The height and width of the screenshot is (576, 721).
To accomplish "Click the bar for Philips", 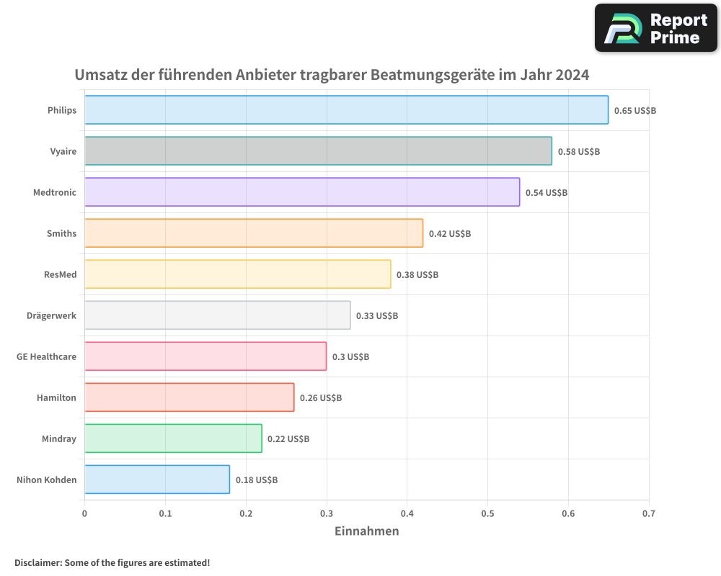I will [x=346, y=110].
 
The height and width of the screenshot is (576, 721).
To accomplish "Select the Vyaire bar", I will [x=318, y=151].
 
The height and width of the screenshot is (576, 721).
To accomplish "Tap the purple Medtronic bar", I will [x=302, y=192].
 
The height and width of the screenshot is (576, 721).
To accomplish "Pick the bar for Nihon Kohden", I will [x=157, y=480].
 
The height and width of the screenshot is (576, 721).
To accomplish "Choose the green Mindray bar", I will [x=173, y=438].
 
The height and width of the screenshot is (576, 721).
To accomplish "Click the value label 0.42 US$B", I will [x=449, y=233].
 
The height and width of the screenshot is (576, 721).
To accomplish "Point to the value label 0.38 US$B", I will [x=417, y=274].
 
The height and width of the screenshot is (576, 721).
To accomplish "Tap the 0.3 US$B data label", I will [x=350, y=356].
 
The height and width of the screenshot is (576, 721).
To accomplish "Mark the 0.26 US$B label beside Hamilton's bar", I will [x=321, y=397].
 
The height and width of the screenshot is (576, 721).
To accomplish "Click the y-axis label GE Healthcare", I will [x=46, y=356].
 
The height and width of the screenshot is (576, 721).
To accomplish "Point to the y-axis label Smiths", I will [x=61, y=233].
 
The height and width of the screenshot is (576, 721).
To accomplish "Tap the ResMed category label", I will [x=60, y=274].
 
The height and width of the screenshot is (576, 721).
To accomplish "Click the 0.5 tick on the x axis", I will [x=487, y=513].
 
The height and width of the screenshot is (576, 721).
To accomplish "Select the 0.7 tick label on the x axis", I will [x=648, y=513].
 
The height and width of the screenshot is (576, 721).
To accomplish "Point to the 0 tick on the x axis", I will [x=84, y=513].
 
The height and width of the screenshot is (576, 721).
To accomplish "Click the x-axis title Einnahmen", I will [x=366, y=531].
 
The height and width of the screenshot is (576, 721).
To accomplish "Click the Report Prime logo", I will [x=656, y=28].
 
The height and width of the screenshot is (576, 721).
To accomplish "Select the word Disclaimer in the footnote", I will [x=37, y=562].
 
